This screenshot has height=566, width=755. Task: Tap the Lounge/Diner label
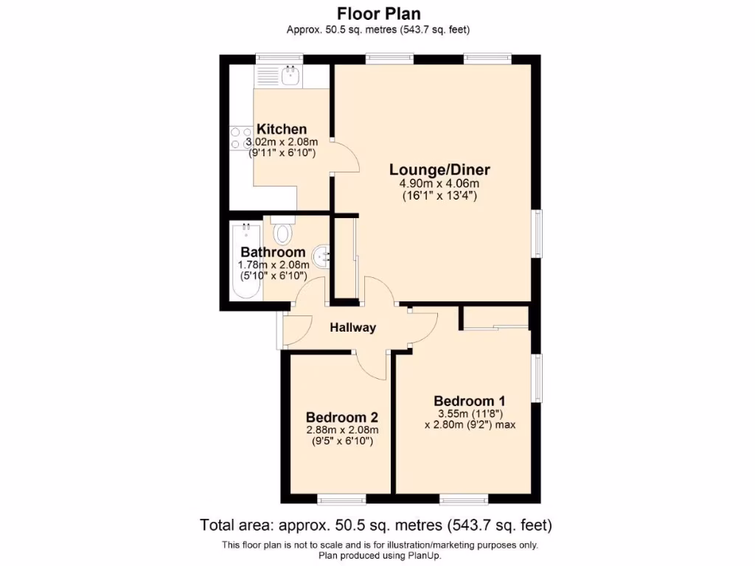[439, 170]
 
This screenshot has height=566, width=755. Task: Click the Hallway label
[352, 328]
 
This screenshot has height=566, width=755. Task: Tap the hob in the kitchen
[241, 139]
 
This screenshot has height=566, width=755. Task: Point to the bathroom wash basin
[322, 256]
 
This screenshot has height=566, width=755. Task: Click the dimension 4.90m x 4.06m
[439, 184]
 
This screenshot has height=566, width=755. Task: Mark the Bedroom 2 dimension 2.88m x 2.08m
[341, 430]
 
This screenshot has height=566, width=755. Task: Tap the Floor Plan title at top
[378, 13]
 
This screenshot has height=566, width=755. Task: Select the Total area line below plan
[377, 525]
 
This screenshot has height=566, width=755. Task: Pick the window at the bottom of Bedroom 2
[341, 500]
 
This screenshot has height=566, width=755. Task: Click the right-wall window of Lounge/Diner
[538, 234]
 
